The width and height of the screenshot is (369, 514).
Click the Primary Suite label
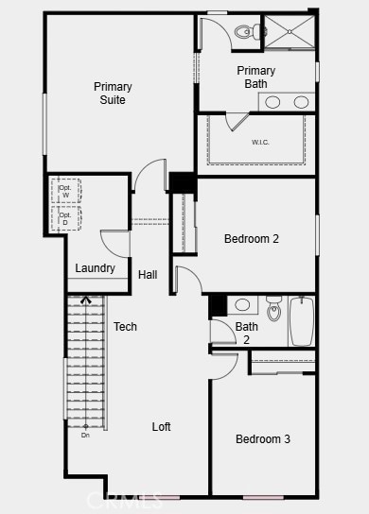(113, 93)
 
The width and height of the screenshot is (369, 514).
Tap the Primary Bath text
(255, 77)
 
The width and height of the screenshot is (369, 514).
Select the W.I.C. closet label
(261, 142)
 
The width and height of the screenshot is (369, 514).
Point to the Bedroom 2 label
(251, 239)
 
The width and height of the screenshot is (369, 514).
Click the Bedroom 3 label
(262, 439)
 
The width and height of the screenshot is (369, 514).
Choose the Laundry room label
(96, 268)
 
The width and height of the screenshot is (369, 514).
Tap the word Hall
(148, 275)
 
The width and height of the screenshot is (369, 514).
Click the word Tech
(125, 327)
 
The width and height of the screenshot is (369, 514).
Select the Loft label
(162, 427)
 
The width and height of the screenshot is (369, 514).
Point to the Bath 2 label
(246, 334)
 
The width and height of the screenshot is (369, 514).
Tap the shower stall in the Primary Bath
(289, 31)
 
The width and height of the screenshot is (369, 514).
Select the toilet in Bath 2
(274, 307)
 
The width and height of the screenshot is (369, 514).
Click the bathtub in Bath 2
(302, 321)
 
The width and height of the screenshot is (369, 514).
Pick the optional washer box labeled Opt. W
(65, 190)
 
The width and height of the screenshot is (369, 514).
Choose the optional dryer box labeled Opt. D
(65, 219)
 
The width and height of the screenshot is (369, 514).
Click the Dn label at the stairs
(85, 435)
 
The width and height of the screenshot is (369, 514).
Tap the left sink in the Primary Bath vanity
(272, 102)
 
